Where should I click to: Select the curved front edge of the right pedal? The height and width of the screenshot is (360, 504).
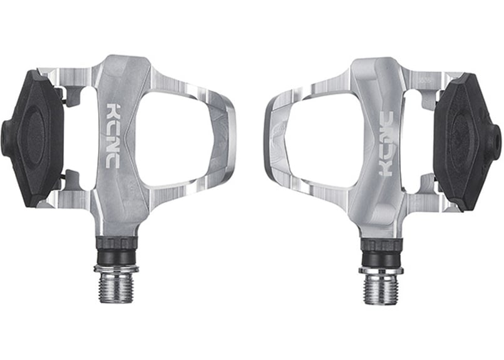click(270, 141)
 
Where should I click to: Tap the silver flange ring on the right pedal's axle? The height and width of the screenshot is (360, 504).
click(380, 270)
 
